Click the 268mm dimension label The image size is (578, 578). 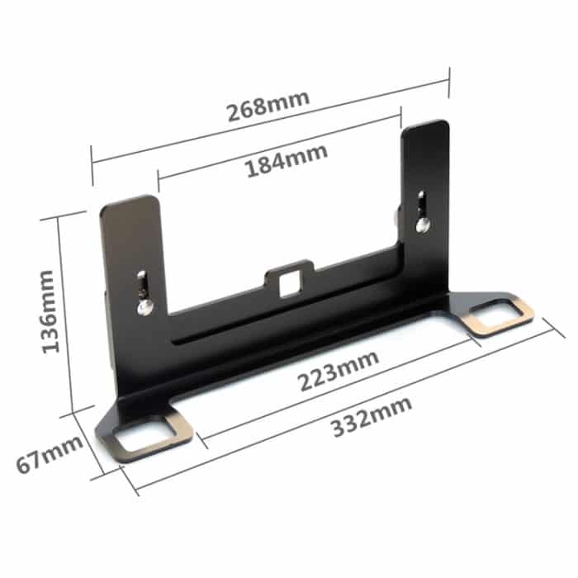(x=268, y=107)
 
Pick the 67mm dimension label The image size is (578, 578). (x=50, y=453)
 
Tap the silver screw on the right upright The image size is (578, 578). (x=423, y=224)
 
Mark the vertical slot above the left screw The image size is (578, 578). (x=144, y=283)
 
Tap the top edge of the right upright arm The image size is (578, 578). (x=426, y=124)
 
